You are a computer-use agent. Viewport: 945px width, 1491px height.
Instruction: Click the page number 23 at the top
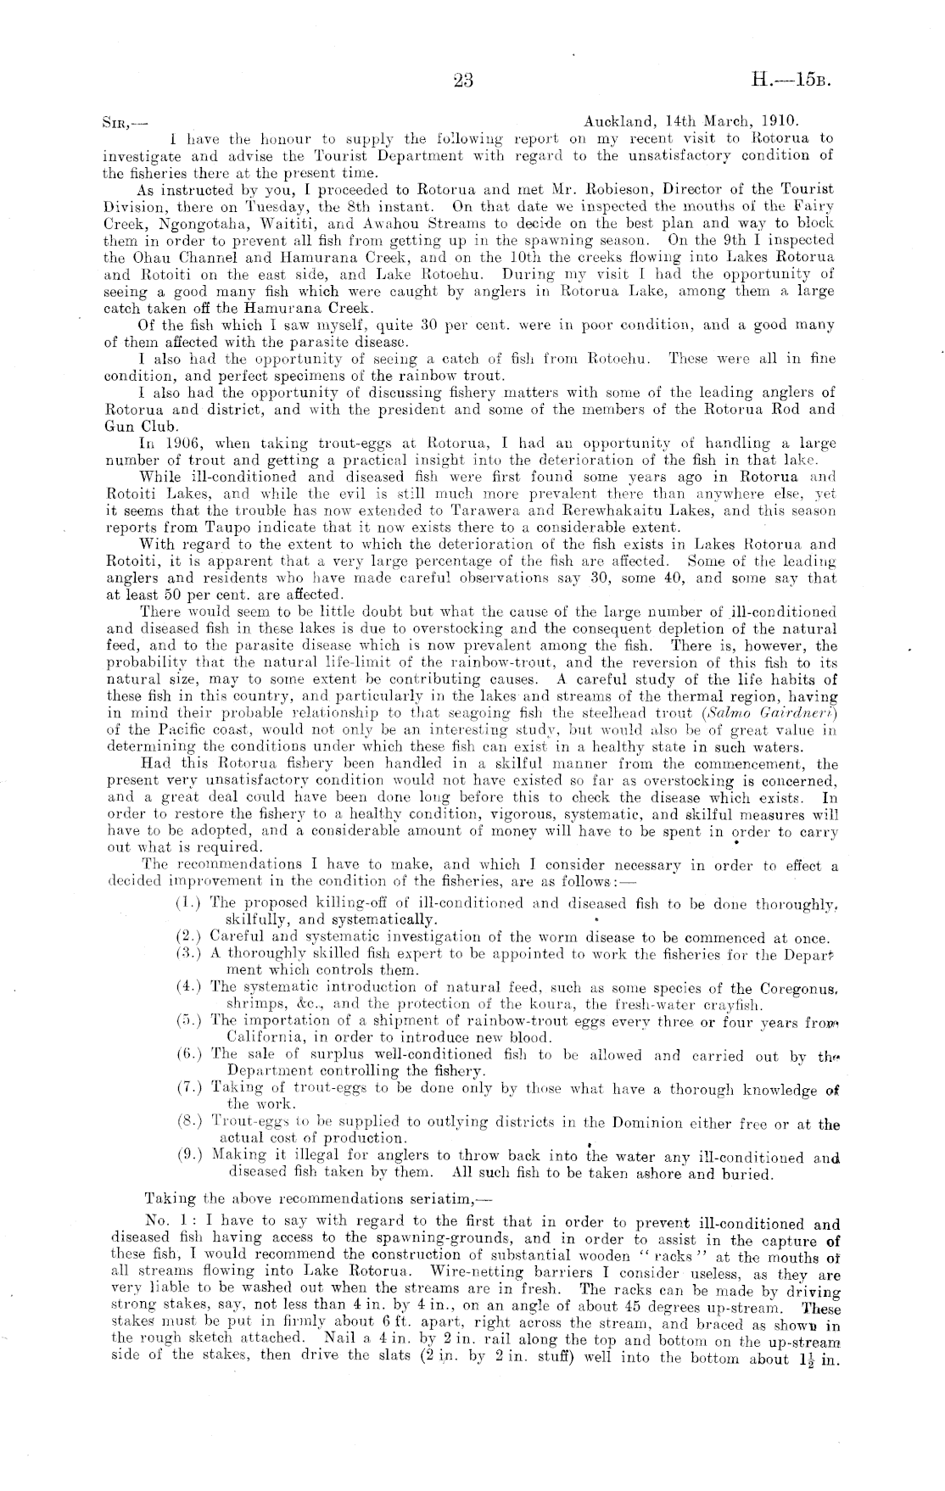click(463, 81)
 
